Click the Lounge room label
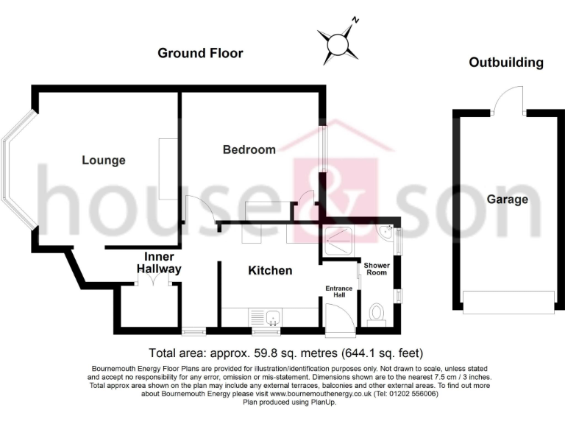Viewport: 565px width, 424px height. pyautogui.click(x=104, y=160)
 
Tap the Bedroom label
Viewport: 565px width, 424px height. pyautogui.click(x=249, y=149)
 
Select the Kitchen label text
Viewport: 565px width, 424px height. pyautogui.click(x=270, y=270)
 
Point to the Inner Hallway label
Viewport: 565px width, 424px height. pyautogui.click(x=159, y=263)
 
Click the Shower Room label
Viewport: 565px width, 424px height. pyautogui.click(x=376, y=268)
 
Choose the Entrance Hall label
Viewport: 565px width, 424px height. pyautogui.click(x=339, y=291)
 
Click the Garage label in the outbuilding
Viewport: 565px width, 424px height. pyautogui.click(x=507, y=199)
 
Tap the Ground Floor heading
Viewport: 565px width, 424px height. pyautogui.click(x=200, y=53)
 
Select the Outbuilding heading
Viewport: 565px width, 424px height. pyautogui.click(x=506, y=63)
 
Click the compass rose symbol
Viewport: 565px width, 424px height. pyautogui.click(x=339, y=41)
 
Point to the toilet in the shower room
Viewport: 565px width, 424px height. pyautogui.click(x=377, y=312)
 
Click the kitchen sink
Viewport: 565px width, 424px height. pyautogui.click(x=273, y=317)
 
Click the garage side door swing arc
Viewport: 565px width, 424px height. pyautogui.click(x=508, y=99)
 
